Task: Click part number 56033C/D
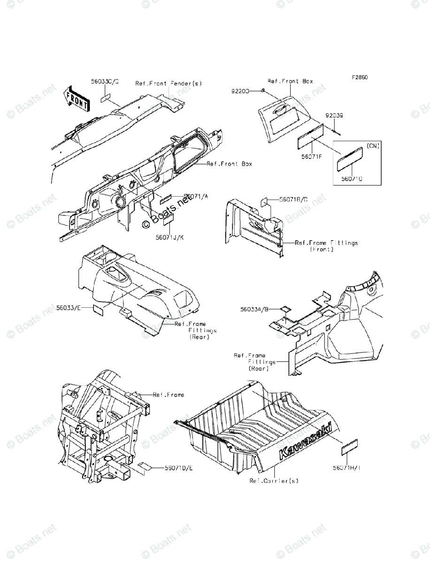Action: [105, 81]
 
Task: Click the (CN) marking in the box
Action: [374, 146]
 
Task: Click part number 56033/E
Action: [69, 308]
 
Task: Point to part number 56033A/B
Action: [254, 309]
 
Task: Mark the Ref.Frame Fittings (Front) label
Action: [326, 246]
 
